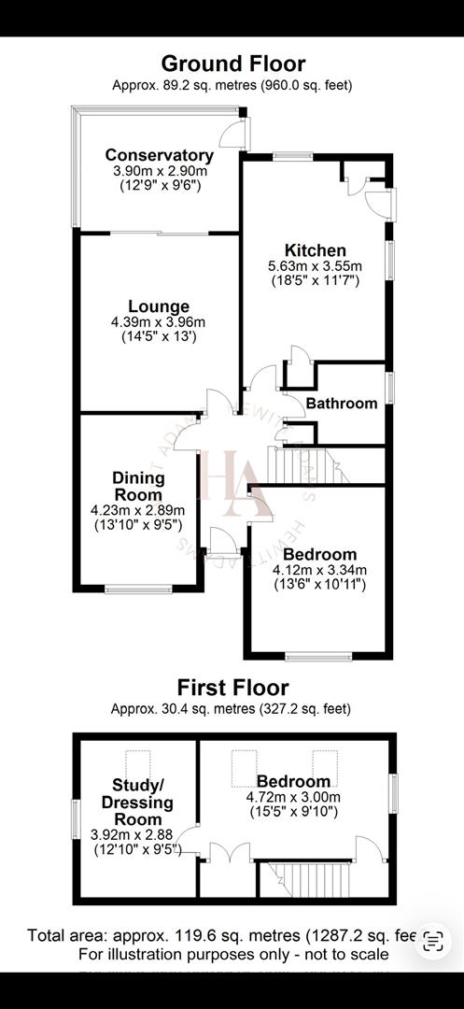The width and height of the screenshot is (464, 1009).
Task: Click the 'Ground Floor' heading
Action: (232, 64)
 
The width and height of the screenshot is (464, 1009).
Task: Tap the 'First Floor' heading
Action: (232, 689)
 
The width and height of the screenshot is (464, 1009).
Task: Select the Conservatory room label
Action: (159, 155)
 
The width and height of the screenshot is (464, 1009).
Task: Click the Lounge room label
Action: (159, 306)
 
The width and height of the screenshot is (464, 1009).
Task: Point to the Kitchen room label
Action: (316, 250)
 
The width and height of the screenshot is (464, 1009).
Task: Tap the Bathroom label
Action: (342, 404)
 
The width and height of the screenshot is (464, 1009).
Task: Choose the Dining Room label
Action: (138, 486)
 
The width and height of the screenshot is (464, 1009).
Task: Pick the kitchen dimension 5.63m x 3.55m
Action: (316, 265)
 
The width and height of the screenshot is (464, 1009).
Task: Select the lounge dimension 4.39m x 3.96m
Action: (159, 320)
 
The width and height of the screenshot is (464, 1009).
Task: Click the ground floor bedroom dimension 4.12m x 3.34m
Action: (319, 570)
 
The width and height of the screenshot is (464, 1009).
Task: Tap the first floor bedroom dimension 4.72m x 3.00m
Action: (293, 797)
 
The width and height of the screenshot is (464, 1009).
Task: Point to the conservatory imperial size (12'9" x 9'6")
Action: (159, 185)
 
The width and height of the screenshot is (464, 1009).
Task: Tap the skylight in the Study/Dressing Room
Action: (139, 761)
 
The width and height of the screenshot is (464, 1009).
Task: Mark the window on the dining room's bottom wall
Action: (138, 589)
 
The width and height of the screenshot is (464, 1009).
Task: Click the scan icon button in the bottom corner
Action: (432, 939)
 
